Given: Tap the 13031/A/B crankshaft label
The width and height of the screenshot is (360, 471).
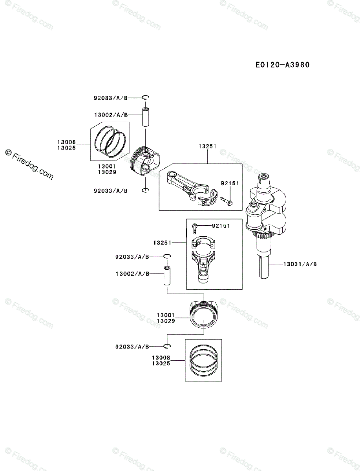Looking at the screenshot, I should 300,264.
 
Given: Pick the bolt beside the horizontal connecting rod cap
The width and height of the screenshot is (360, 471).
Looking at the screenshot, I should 226,200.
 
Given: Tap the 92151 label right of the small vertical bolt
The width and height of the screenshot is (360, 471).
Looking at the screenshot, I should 221,226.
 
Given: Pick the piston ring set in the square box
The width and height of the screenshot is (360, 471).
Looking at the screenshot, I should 203,360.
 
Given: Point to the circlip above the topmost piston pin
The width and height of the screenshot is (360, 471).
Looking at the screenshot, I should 145,97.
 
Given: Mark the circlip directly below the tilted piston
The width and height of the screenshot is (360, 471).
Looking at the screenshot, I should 145,191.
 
